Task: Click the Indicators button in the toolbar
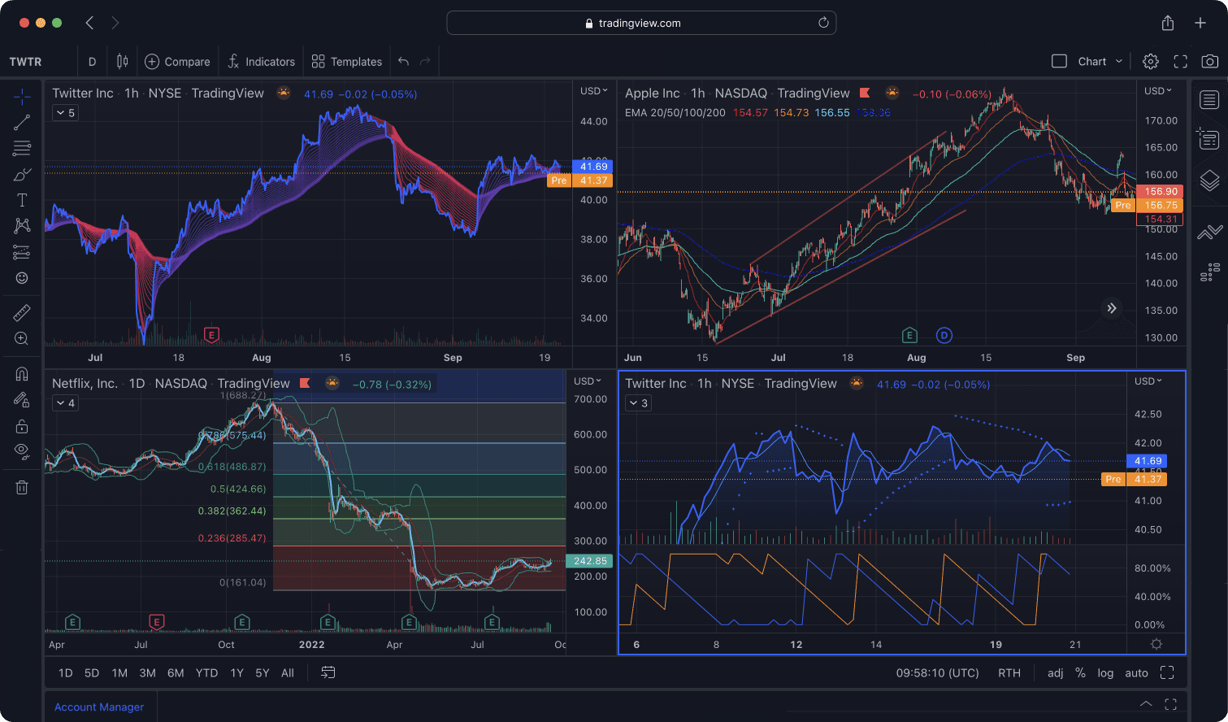pos(261,62)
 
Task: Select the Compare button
pos(177,62)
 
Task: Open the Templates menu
pos(347,62)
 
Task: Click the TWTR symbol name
pos(25,62)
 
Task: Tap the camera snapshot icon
pos(1209,61)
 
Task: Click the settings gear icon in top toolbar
pos(1150,61)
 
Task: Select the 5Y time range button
pos(262,673)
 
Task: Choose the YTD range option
pos(206,673)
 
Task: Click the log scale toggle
pos(1105,673)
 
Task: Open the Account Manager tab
pos(99,707)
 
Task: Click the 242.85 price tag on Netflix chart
pos(589,561)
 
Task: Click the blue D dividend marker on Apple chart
pos(944,335)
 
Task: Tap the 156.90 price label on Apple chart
pos(1161,192)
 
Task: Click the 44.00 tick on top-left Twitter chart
pos(593,121)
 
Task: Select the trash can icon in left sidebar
pos(22,487)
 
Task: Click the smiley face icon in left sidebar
pos(22,278)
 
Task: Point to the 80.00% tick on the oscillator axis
pos(1152,568)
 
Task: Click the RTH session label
pos(1009,673)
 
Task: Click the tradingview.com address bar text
pos(639,23)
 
